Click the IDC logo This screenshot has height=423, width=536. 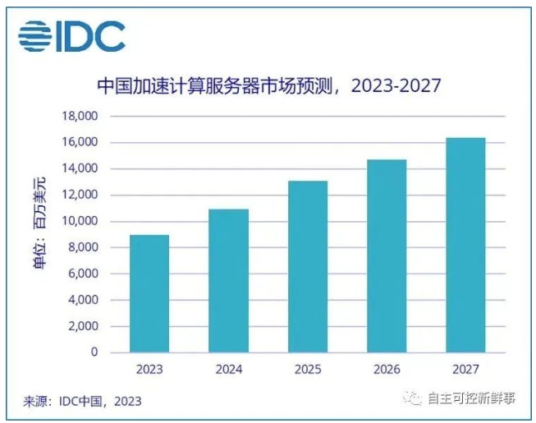(x=71, y=35)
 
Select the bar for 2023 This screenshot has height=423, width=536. (x=149, y=294)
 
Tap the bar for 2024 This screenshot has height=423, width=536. (x=228, y=281)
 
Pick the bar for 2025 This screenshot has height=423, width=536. (x=307, y=267)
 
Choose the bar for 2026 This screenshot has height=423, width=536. (x=386, y=256)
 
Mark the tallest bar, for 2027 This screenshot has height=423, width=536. (x=465, y=246)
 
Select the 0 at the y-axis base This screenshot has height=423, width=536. (x=94, y=352)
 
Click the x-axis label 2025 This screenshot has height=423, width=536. (x=307, y=370)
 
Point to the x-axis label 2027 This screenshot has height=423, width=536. (x=465, y=370)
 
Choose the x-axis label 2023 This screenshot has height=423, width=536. (x=149, y=370)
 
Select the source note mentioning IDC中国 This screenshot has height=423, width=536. (x=82, y=402)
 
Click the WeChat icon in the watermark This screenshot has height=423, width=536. (x=410, y=399)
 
